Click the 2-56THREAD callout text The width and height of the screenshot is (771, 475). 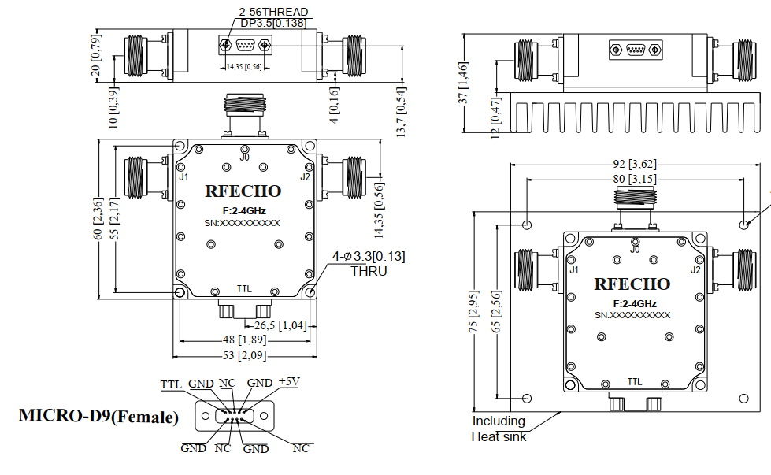click(x=273, y=12)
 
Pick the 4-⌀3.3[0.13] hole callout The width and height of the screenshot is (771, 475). click(x=369, y=256)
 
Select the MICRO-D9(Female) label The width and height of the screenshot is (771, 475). click(x=99, y=416)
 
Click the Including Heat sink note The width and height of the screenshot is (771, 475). click(x=499, y=429)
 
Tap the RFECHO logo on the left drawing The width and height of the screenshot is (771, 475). click(x=243, y=191)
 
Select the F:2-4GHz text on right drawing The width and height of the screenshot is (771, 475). click(x=635, y=303)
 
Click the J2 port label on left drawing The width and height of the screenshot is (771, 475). click(x=306, y=176)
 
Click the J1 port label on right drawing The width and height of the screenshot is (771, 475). click(x=574, y=270)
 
